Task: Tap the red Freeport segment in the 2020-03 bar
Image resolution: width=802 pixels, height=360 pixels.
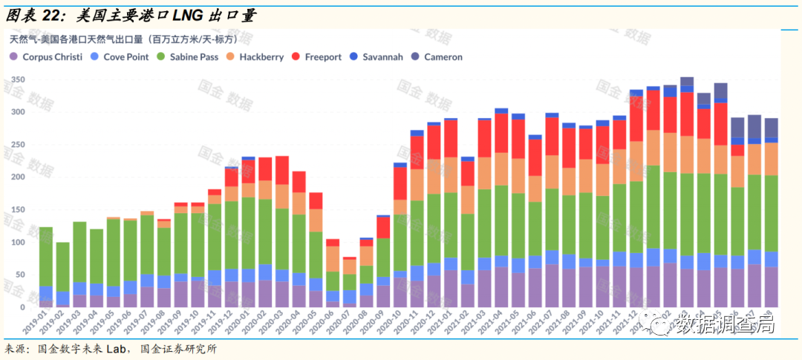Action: coord(281,170)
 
